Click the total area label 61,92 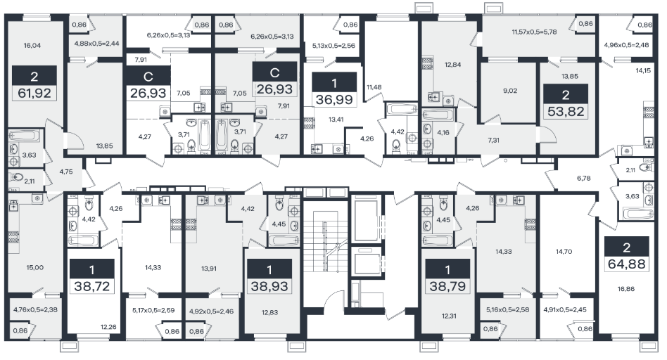click(x=34, y=93)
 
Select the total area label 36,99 click(x=334, y=99)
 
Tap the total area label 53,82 click(x=566, y=111)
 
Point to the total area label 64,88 click(x=627, y=264)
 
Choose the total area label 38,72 click(x=92, y=286)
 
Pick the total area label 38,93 click(x=269, y=286)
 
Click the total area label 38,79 click(x=447, y=286)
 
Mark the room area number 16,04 click(x=32, y=46)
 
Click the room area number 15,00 click(x=35, y=267)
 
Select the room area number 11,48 click(x=374, y=87)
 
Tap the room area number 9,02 click(x=510, y=91)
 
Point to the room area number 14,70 click(x=564, y=252)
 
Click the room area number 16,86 click(x=626, y=289)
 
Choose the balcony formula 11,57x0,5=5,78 click(x=534, y=32)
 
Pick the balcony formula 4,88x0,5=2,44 click(x=96, y=44)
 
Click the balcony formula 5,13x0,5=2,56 click(x=333, y=46)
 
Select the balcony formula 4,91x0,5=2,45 click(x=565, y=310)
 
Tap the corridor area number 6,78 click(x=584, y=179)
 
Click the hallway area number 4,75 click(x=66, y=172)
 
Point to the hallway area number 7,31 click(x=493, y=140)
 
